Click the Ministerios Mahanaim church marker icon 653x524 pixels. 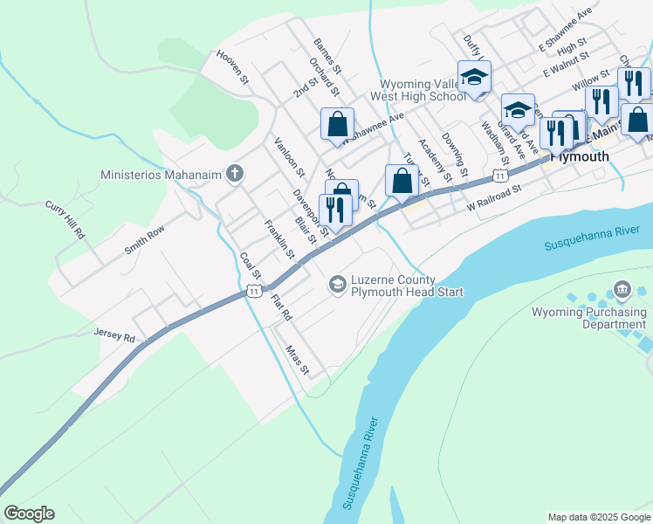point(234,173)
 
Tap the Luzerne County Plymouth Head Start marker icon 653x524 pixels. point(337,285)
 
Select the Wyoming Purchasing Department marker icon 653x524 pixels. point(622,289)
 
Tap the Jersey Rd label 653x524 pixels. point(115,335)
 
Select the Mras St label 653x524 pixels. point(298,359)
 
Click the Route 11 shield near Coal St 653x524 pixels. point(253,290)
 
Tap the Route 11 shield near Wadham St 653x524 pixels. point(498,176)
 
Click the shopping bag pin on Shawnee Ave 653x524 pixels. point(337,124)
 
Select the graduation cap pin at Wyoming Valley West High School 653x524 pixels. point(474,77)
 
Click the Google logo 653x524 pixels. point(29,514)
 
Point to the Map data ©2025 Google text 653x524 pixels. point(598,517)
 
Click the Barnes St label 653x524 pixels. point(331,55)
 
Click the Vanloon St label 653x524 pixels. point(288,158)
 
